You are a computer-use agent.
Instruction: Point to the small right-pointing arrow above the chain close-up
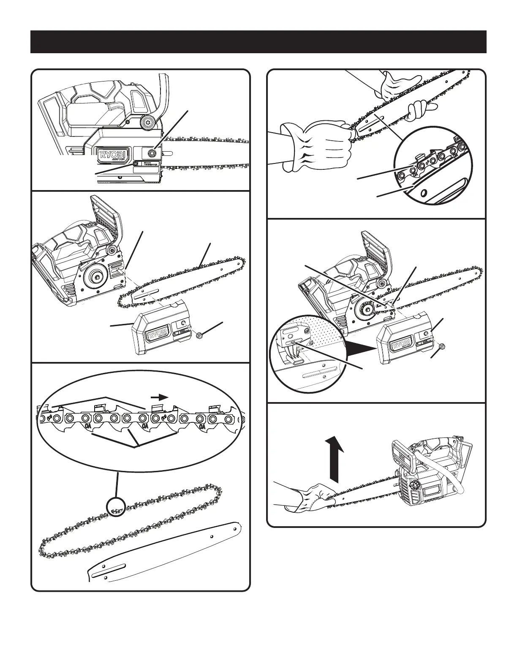tap(160, 397)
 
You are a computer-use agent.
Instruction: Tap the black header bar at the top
tap(258, 42)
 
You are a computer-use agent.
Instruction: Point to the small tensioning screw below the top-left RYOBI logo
tap(136, 163)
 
